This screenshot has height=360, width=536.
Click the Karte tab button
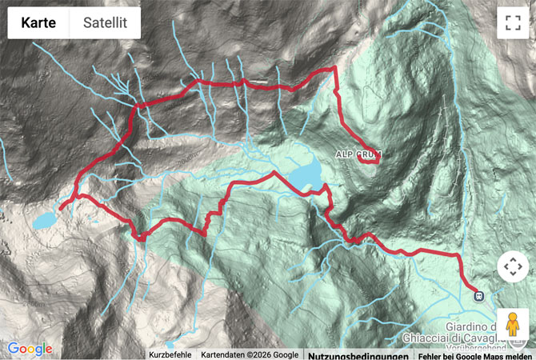coord(38,23)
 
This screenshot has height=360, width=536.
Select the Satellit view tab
coord(105,23)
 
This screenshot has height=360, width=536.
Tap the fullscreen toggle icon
coord(513,23)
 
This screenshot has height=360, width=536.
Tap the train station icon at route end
coord(478,294)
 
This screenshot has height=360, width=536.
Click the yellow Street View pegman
coord(513,324)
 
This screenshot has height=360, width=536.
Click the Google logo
coord(30,349)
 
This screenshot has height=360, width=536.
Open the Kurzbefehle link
coord(170,354)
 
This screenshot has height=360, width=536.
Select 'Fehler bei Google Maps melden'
coord(474,354)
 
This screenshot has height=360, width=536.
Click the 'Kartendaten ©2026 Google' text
coord(249,354)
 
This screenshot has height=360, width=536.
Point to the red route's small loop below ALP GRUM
coord(369,158)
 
